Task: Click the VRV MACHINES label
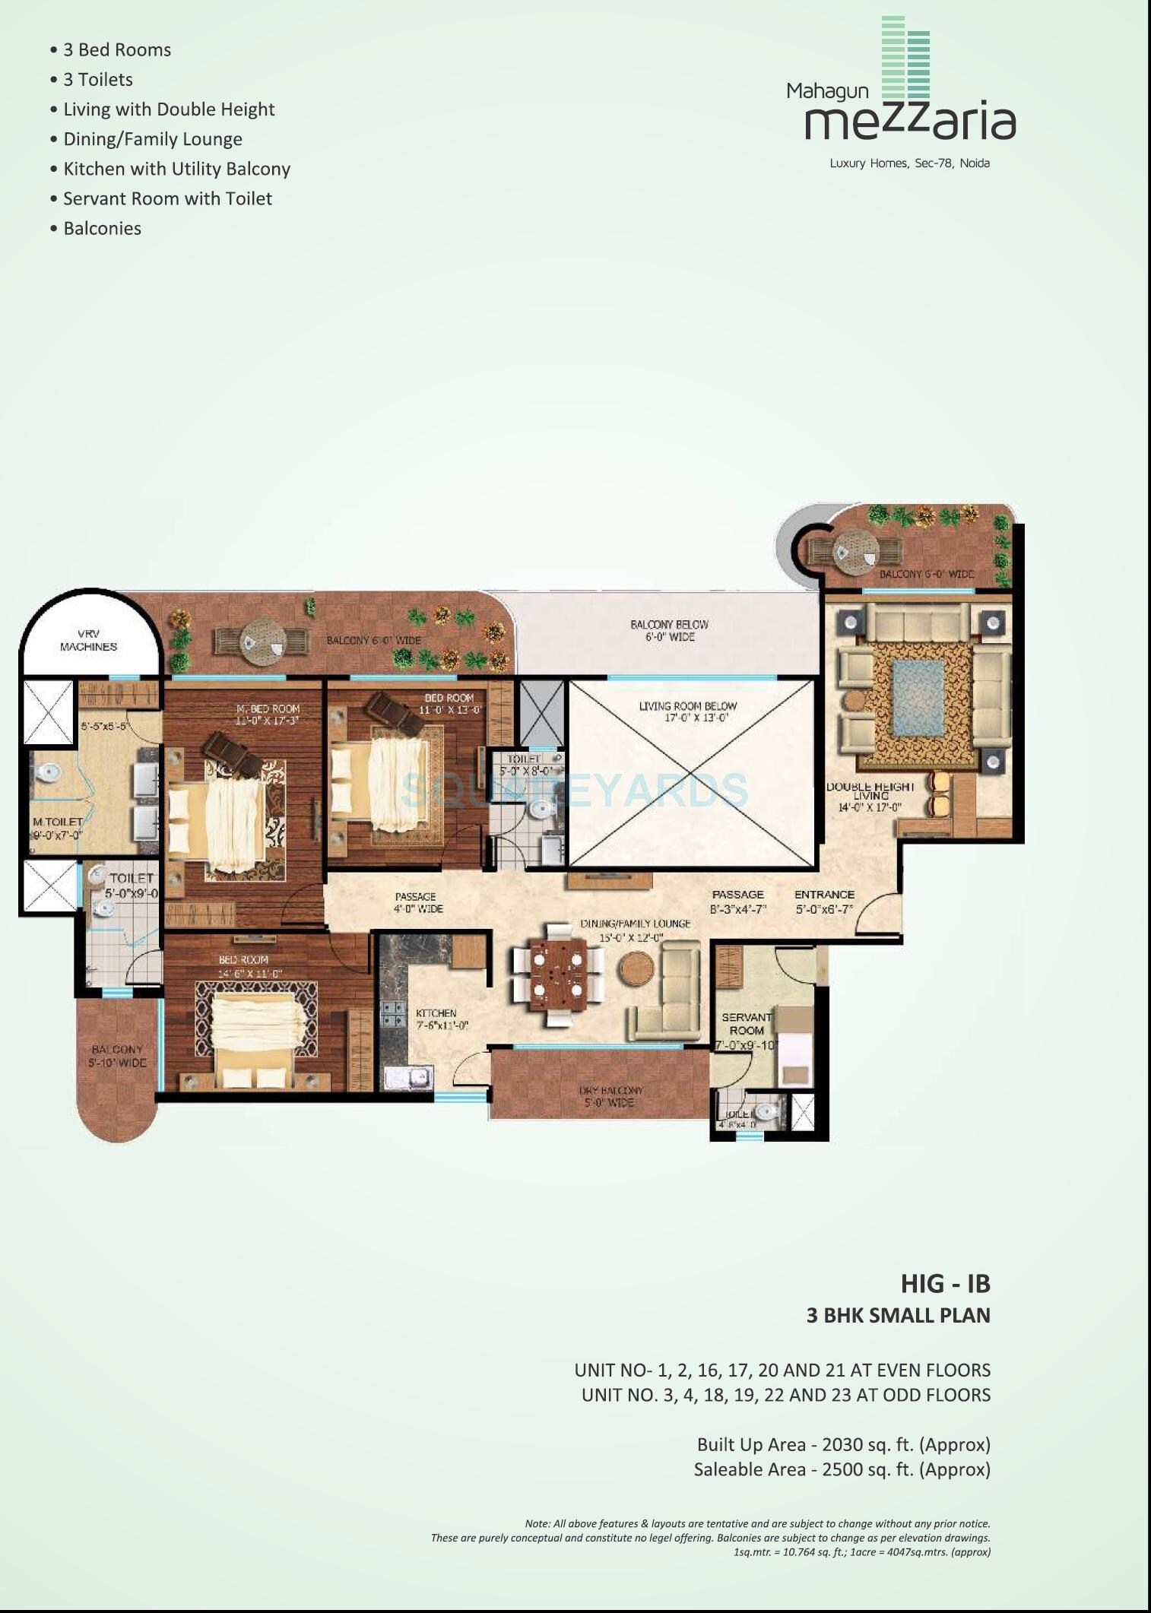[x=88, y=640]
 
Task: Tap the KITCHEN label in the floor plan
[x=436, y=1013]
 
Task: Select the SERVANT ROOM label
[x=746, y=1023]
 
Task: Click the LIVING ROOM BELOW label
[x=687, y=706]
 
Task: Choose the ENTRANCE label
[x=824, y=895]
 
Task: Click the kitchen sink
[x=408, y=1077]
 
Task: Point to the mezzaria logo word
[x=909, y=120]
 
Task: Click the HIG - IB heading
[x=945, y=1283]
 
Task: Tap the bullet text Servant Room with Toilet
[x=167, y=198]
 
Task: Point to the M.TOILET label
[x=57, y=822]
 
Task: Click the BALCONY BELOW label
[x=669, y=625]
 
